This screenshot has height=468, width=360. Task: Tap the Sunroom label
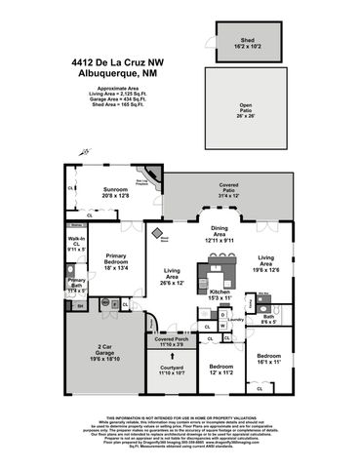[x=116, y=191]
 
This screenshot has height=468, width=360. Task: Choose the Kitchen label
[x=219, y=293]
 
